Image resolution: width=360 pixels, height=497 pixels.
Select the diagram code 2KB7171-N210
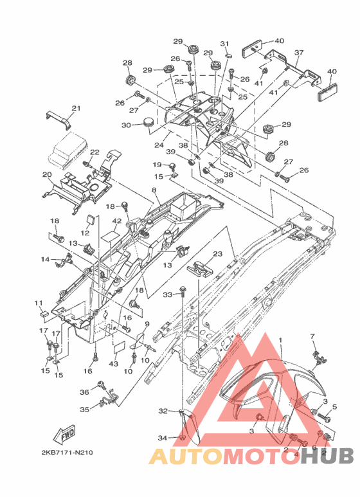click(67, 452)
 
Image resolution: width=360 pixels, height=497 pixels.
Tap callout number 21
click(76, 108)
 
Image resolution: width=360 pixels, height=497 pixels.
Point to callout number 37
click(299, 53)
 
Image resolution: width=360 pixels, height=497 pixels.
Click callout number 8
click(154, 190)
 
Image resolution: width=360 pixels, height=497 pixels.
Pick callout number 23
click(218, 253)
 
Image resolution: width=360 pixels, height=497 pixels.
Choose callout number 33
click(168, 294)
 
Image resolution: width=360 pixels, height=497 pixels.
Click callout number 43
click(113, 364)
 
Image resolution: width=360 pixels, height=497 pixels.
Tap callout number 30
click(126, 125)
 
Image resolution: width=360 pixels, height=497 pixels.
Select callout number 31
click(225, 44)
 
